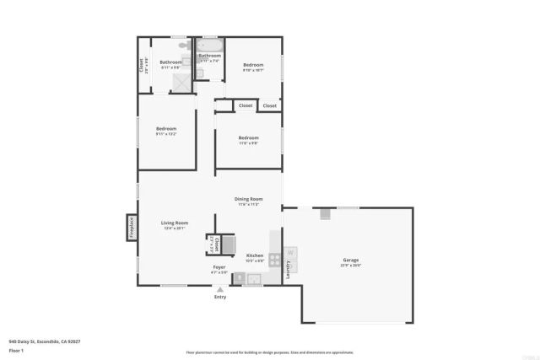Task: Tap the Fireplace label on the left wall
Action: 132,228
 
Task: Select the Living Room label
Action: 175,223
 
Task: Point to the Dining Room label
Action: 249,199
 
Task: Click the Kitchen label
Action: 255,255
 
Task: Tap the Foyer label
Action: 219,267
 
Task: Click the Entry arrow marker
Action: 220,289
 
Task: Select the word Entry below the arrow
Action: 220,297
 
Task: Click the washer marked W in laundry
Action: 291,251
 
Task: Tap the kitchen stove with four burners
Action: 274,260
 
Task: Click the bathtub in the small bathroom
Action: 210,47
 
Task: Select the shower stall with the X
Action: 182,83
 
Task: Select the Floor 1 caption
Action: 16,350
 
